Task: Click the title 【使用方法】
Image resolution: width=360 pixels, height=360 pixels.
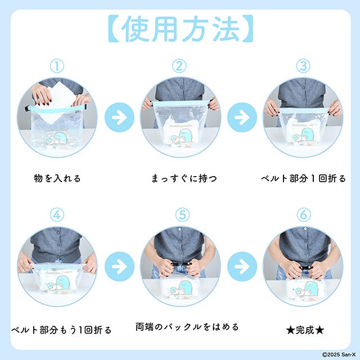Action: point(181,29)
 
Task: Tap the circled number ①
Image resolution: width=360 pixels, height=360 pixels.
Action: point(57,66)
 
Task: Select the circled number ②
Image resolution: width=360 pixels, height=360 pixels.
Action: point(179,66)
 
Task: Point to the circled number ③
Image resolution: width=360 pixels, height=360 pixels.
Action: point(303,66)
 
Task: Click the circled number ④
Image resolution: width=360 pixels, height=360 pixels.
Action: point(57,215)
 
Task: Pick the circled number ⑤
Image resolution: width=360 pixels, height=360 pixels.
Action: point(182,215)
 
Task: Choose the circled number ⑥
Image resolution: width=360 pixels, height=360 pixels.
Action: point(304,215)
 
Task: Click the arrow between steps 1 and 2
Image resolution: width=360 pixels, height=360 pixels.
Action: point(119,118)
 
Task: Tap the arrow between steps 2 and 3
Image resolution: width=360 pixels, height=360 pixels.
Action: point(242,118)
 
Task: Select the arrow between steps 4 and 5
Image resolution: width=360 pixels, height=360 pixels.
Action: point(119,266)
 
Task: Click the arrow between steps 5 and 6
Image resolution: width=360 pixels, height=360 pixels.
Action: point(242,266)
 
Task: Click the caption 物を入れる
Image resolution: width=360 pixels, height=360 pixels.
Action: point(57,178)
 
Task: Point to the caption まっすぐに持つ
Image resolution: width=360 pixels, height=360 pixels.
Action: point(184,178)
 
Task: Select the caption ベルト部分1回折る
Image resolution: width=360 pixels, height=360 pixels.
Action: point(303,178)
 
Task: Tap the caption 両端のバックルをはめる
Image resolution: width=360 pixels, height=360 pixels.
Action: point(187,327)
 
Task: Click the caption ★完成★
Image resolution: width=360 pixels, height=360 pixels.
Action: point(305,330)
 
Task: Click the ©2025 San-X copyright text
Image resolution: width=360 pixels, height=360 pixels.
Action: point(339,355)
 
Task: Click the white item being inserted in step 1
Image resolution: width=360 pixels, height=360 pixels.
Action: point(60,101)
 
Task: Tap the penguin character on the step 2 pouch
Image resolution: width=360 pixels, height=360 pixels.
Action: point(186,136)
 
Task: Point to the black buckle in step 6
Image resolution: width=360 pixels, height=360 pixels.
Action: point(305,268)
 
